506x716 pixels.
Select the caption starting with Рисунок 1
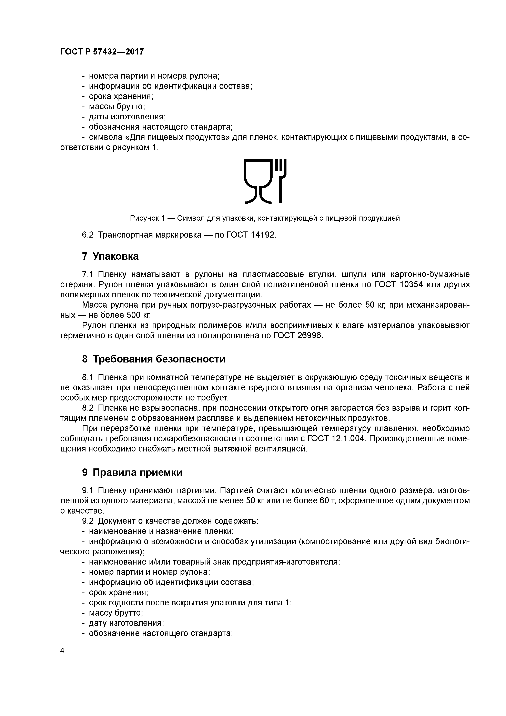[265, 218]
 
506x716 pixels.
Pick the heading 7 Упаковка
[110, 256]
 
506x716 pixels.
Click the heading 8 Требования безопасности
[153, 359]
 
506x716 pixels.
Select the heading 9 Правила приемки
[132, 473]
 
